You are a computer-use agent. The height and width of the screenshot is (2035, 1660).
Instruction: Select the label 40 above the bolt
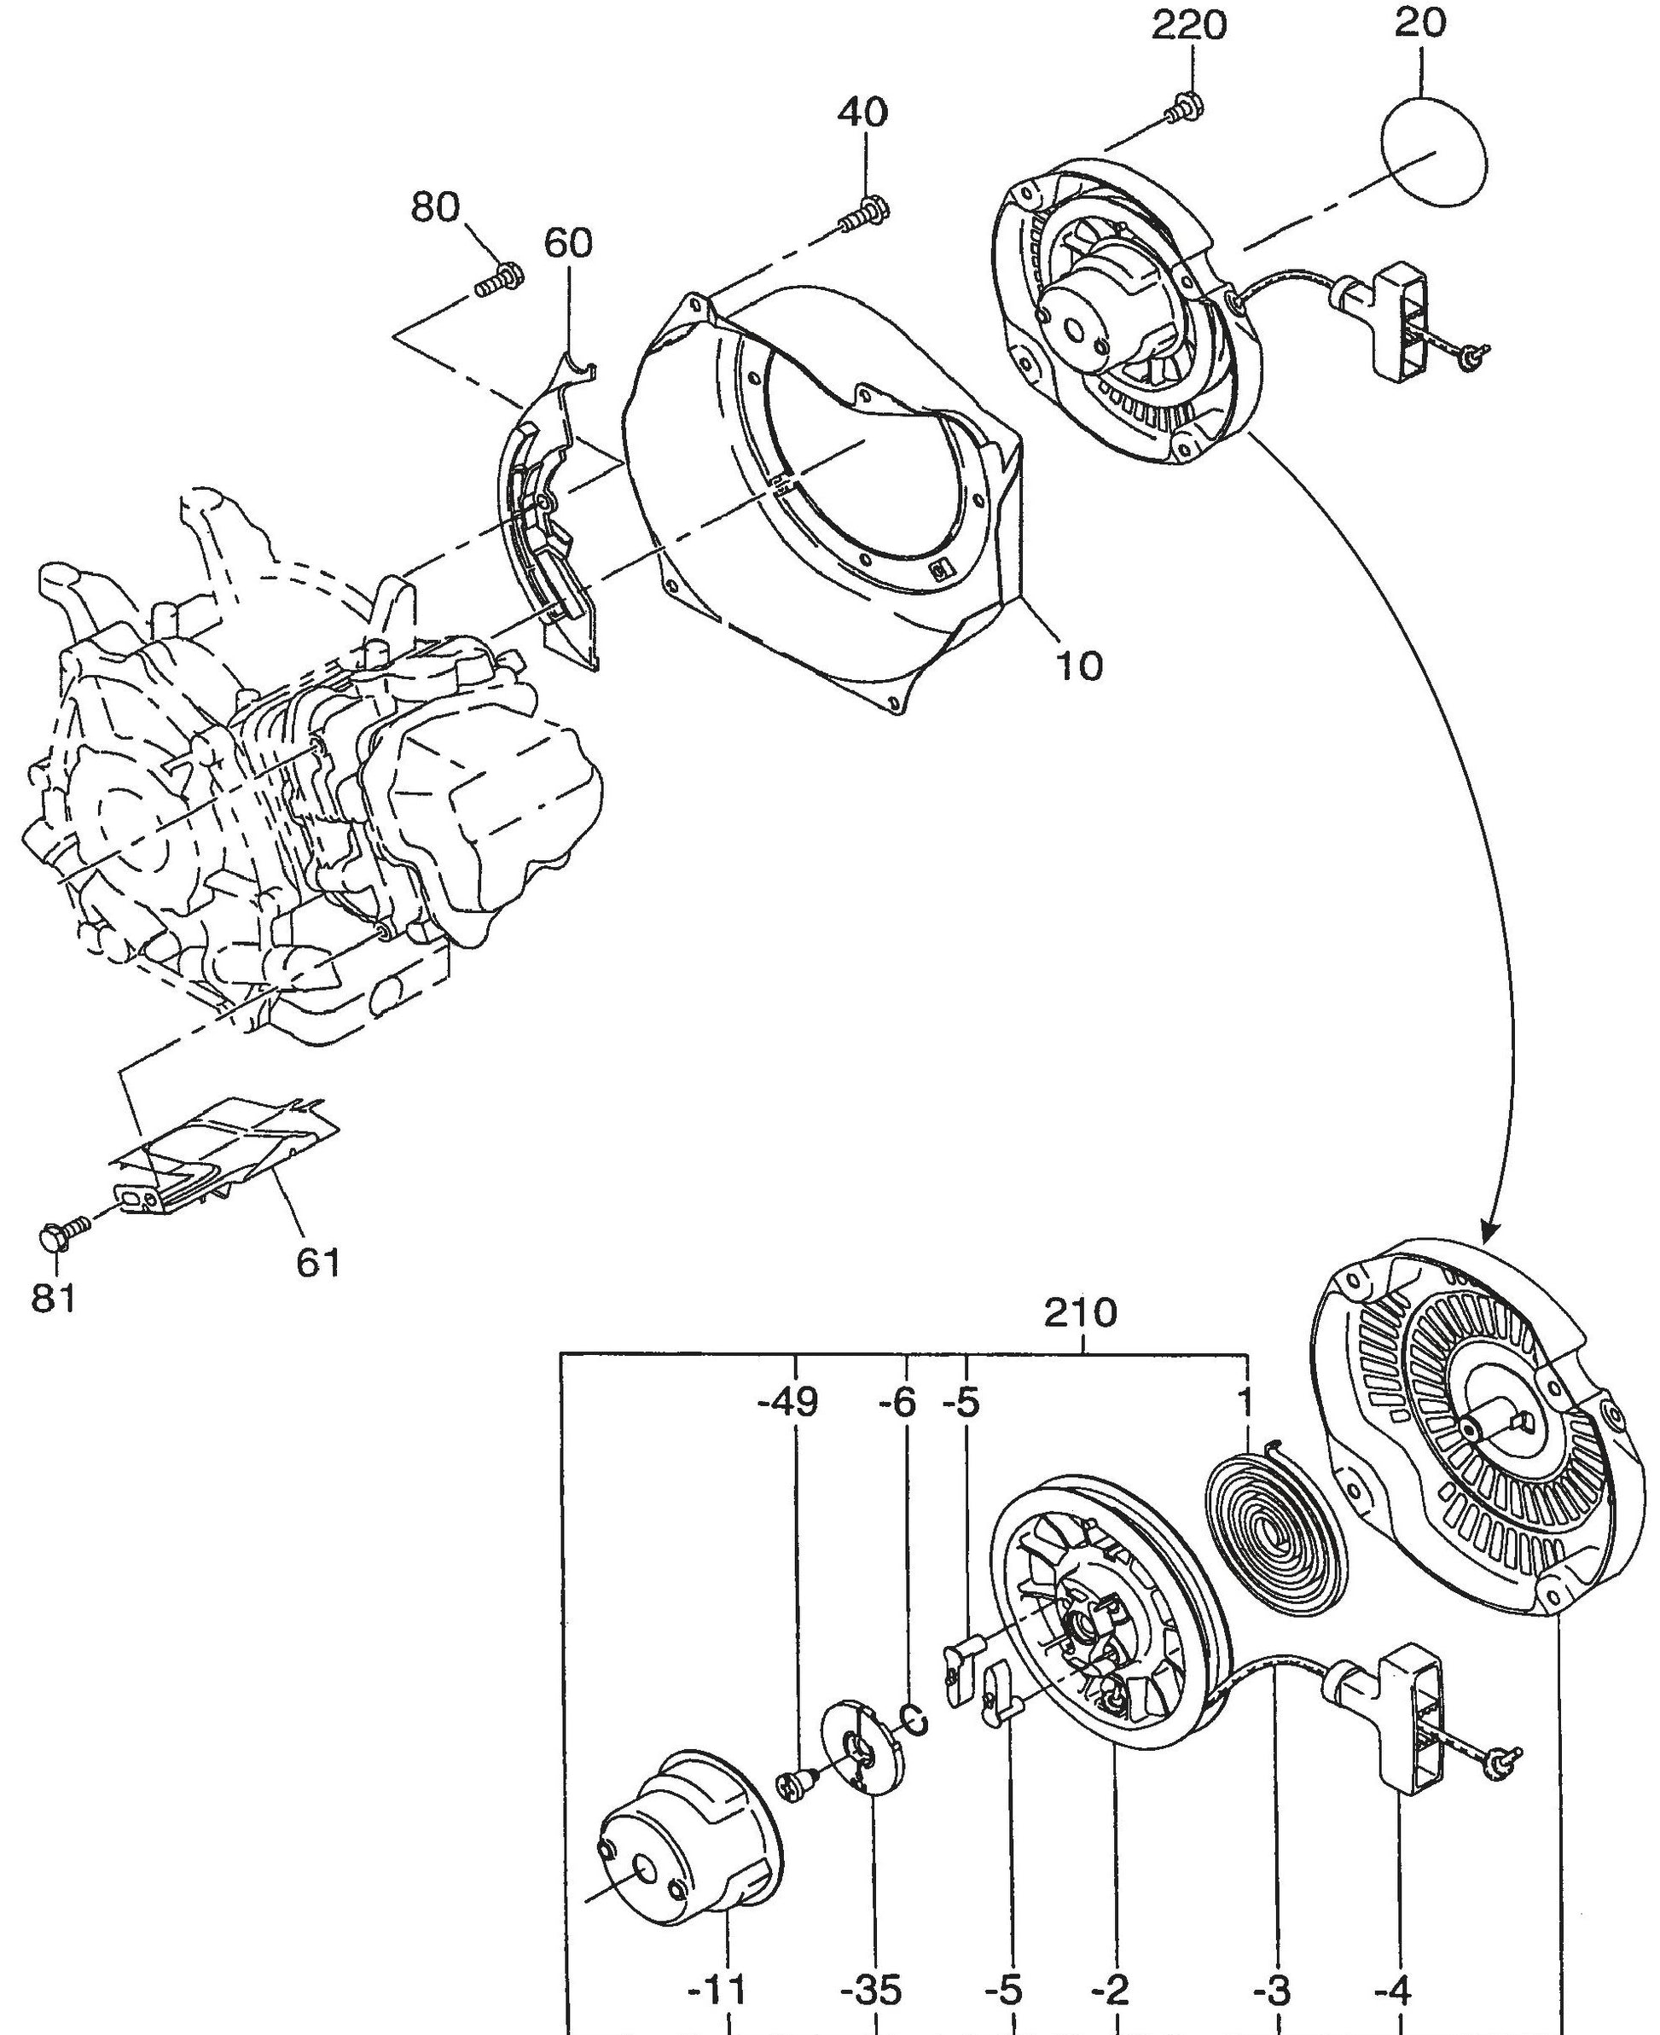point(862,113)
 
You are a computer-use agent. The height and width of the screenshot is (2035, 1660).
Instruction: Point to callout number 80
point(435,207)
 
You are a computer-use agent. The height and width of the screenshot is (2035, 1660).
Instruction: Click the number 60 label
point(568,244)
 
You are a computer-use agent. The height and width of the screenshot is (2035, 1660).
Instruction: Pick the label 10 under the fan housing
point(1080,666)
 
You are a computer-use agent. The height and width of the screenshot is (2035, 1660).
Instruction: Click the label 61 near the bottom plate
point(318,1264)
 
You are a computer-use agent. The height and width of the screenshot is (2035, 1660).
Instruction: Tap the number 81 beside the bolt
point(54,1299)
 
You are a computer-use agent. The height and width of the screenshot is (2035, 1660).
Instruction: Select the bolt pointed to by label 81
point(60,1236)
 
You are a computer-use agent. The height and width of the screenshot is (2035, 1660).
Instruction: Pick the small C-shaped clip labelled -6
point(914,1719)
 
